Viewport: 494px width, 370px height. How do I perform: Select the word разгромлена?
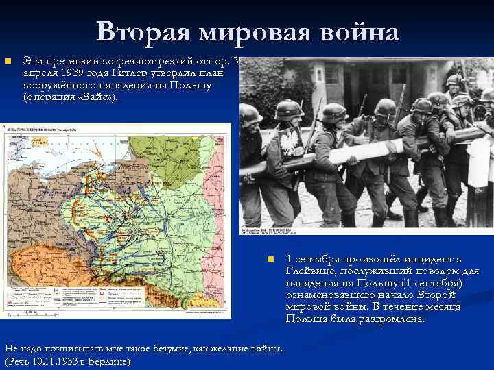point(387,319)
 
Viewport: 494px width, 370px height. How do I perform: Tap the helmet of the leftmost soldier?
point(250,113)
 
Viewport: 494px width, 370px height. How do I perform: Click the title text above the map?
point(41,128)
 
